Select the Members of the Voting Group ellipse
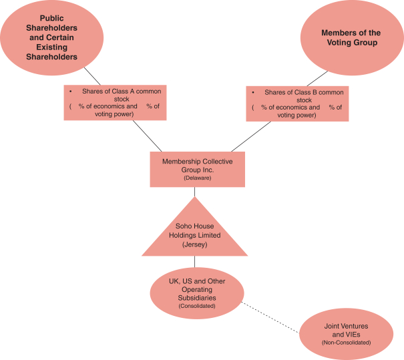(x=351, y=38)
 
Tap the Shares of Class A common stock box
(x=115, y=102)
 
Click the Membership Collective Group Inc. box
(x=194, y=168)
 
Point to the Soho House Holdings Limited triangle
(x=195, y=234)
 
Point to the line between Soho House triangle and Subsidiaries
(x=195, y=263)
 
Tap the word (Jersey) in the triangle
(x=195, y=245)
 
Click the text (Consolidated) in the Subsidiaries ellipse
(x=195, y=306)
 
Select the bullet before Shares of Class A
(x=70, y=89)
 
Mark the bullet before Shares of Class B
(x=253, y=91)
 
